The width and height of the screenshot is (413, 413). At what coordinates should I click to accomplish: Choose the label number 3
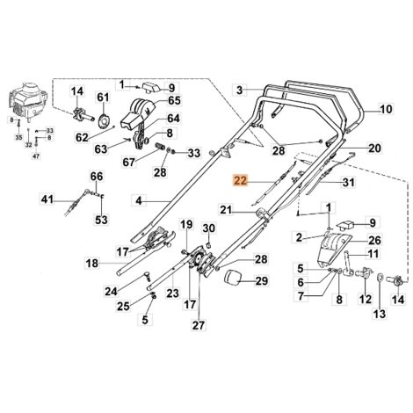coord(238,89)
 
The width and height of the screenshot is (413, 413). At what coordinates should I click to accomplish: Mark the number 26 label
coord(375,241)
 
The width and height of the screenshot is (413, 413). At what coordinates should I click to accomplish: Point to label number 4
coord(139,200)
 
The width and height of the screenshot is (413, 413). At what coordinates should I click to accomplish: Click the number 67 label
coord(128,161)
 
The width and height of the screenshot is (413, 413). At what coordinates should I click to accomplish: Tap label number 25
coord(123,306)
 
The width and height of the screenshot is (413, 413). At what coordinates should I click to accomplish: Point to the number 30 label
coord(209,229)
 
